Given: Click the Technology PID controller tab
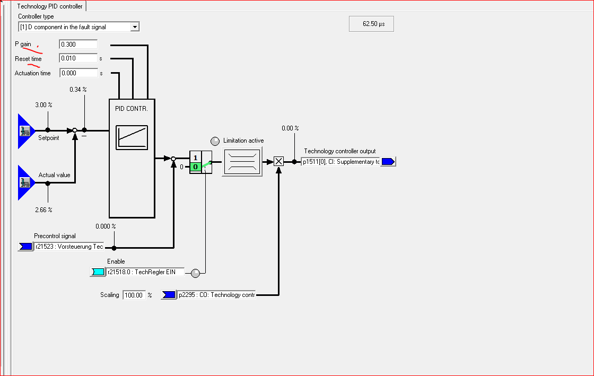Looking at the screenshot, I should [50, 6].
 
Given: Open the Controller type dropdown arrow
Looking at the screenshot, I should [135, 27].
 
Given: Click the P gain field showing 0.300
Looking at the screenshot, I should [78, 45].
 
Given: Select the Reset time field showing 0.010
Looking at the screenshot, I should [78, 58].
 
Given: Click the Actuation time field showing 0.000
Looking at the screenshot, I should [78, 73].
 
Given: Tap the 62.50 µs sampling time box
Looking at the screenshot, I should [371, 24].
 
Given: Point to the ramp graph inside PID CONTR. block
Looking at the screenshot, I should [132, 138].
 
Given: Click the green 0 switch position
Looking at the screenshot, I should [195, 167].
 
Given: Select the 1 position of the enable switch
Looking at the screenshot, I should [195, 158].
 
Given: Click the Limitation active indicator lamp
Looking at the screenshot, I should [215, 141].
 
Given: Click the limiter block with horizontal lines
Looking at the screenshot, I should [242, 161].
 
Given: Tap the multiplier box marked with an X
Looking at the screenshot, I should [278, 161].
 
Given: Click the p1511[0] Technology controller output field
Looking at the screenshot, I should [340, 162].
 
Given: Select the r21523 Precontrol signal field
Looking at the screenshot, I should [68, 247].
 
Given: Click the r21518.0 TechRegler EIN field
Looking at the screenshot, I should [145, 272].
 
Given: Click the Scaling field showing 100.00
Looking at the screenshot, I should [134, 295].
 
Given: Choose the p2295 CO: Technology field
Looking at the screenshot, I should [216, 295].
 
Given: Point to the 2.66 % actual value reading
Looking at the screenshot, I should [43, 210].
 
